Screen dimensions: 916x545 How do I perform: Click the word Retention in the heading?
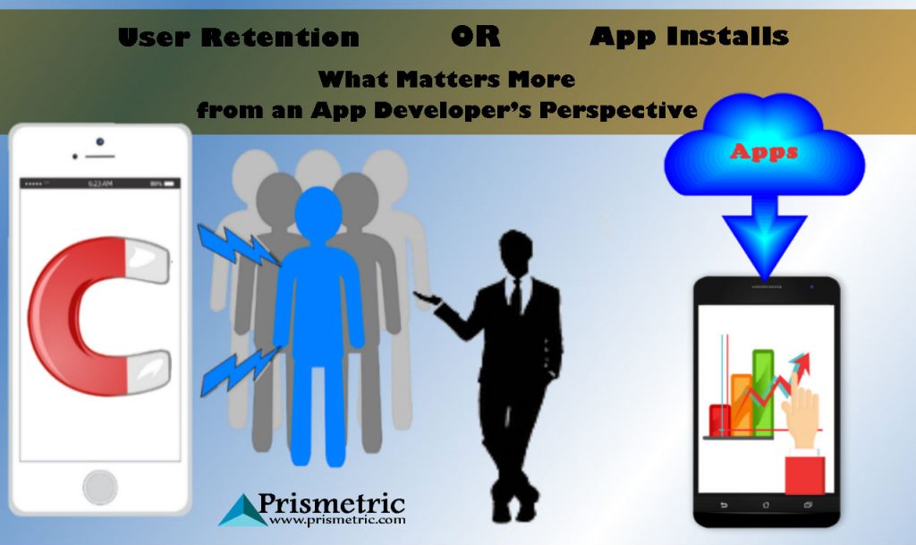click(280, 38)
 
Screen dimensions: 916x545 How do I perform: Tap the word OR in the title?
click(476, 36)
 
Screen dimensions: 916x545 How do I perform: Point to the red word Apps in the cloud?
click(764, 152)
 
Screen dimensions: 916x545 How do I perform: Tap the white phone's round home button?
click(100, 487)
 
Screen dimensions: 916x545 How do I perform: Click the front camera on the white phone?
click(100, 142)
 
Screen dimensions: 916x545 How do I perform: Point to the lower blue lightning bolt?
click(240, 371)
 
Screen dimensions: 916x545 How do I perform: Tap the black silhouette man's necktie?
click(516, 298)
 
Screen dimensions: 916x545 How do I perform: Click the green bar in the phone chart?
click(763, 393)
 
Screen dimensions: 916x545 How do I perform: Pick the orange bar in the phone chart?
click(742, 404)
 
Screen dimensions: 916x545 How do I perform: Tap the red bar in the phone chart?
click(720, 420)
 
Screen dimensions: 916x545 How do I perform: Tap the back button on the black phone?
click(724, 506)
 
